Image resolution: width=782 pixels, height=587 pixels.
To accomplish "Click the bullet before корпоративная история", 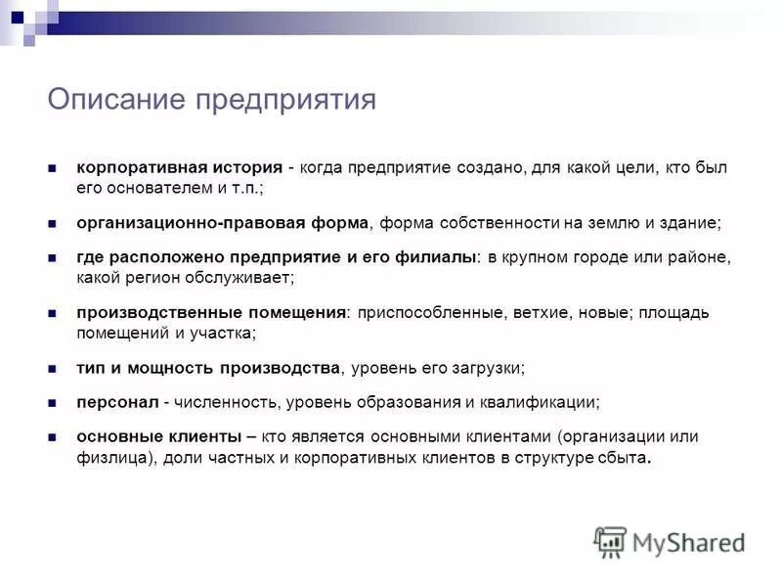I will [55, 167].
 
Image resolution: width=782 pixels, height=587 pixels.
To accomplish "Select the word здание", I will [690, 222].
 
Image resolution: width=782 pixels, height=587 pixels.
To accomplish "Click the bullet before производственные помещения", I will [55, 313].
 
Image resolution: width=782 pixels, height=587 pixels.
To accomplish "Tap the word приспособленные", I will [430, 313].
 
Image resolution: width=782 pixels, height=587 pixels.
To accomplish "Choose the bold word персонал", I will [116, 402].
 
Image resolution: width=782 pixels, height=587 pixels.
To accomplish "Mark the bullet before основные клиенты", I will [55, 438].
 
